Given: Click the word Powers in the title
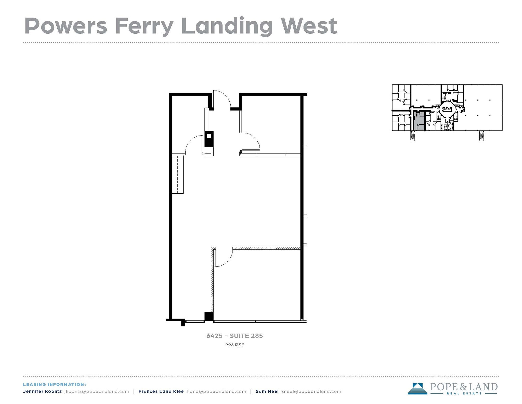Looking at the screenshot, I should tap(66, 26).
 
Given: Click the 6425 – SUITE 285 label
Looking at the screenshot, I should tap(234, 336).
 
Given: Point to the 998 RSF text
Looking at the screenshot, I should tap(234, 345).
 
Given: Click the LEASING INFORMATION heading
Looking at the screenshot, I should tap(55, 384).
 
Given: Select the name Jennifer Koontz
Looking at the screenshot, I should tap(42, 391).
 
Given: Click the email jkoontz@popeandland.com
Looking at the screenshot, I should tap(97, 391).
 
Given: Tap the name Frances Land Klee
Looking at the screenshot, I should tap(161, 391).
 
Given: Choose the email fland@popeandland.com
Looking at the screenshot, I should tap(216, 391).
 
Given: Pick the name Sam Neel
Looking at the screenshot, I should tap(267, 391).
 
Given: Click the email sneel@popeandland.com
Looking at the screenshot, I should tap(311, 391).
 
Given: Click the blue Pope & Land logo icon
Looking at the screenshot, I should tap(417, 389).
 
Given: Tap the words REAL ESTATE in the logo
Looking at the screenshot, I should tap(464, 393).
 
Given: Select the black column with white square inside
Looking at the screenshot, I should tap(209, 139).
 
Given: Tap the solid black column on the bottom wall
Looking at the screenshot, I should tap(209, 317).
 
